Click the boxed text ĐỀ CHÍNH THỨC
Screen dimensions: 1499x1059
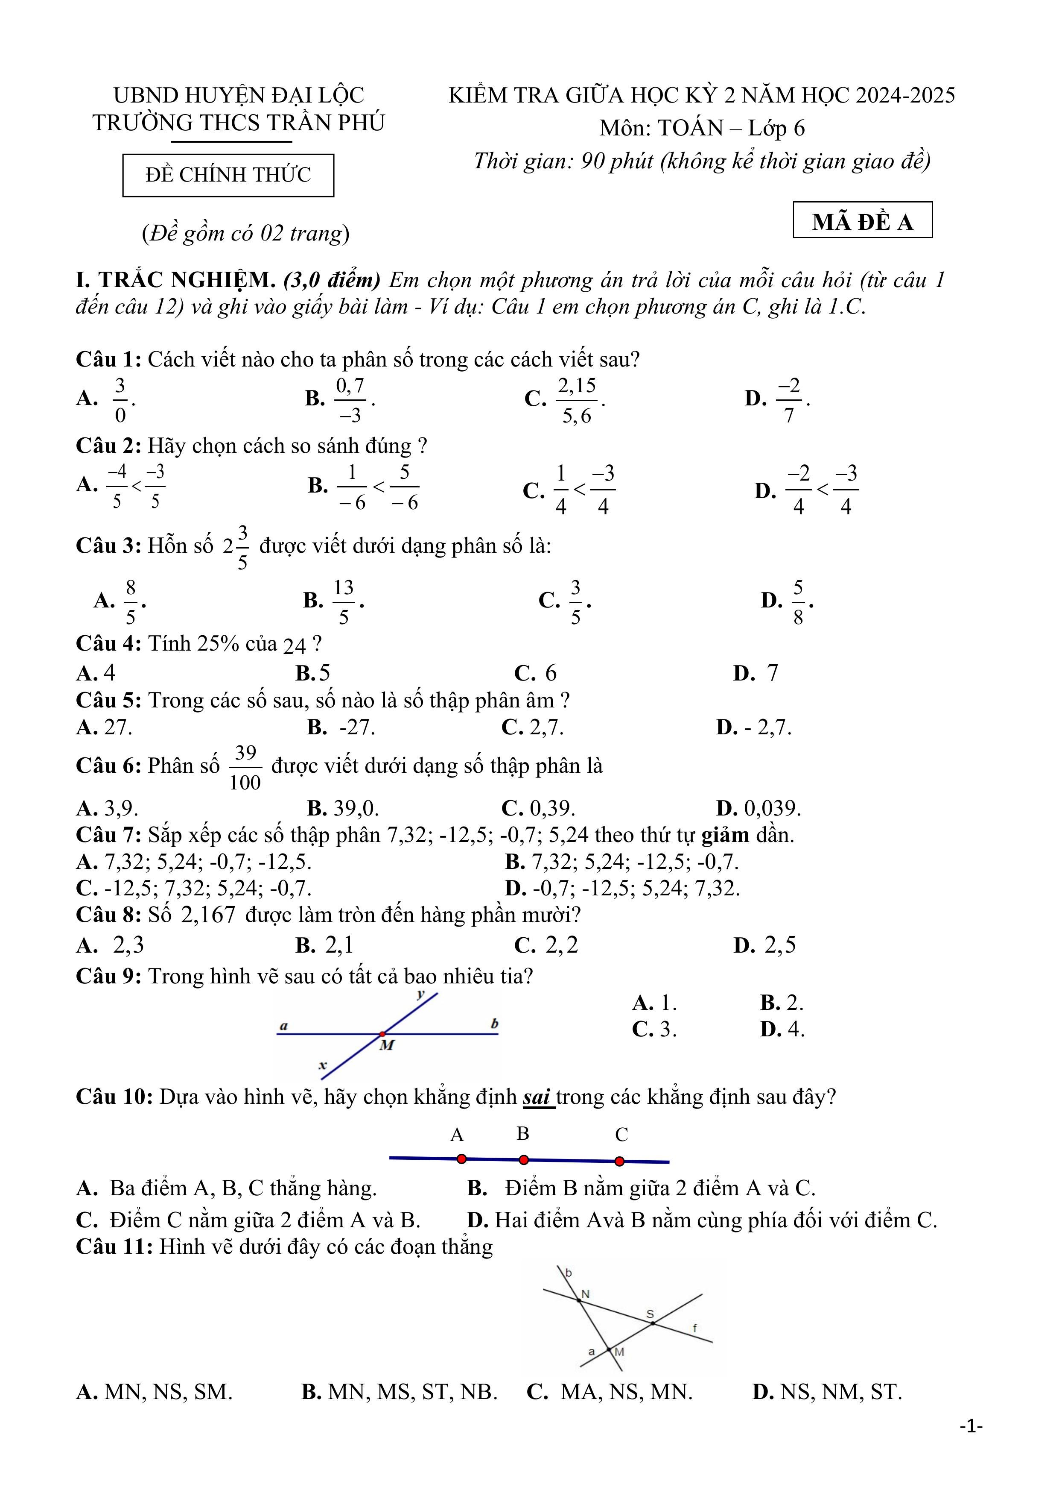pos(228,175)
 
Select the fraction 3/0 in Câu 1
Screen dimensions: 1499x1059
pos(120,399)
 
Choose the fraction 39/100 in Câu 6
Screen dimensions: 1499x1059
pos(245,768)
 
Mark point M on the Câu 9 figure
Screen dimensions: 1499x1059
pos(382,1033)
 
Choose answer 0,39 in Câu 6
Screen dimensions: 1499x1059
pos(552,808)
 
